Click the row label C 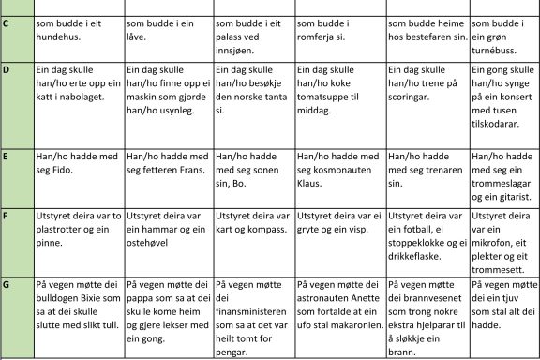pos(7,22)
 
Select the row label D pos(7,70)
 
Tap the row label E pos(7,156)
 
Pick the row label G pos(7,284)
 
